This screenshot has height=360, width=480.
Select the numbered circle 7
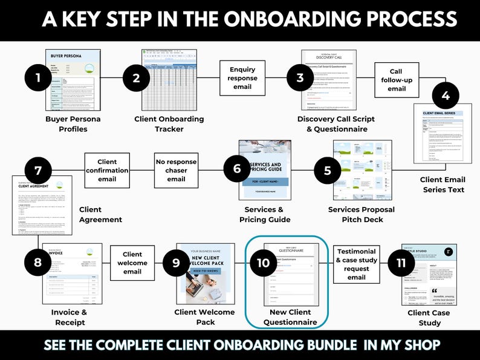pyautogui.click(x=39, y=170)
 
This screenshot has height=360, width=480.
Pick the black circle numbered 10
pyautogui.click(x=263, y=263)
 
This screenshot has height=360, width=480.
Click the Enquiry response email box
pyautogui.click(x=242, y=78)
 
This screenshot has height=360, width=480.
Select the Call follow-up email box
pyautogui.click(x=397, y=80)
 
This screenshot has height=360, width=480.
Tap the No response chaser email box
pyautogui.click(x=177, y=171)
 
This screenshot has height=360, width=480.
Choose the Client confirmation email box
pyautogui.click(x=107, y=171)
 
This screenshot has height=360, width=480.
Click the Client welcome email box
pyautogui.click(x=132, y=263)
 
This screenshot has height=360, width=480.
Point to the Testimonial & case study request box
pyautogui.click(x=356, y=264)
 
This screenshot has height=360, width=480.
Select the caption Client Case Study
pyautogui.click(x=428, y=318)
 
